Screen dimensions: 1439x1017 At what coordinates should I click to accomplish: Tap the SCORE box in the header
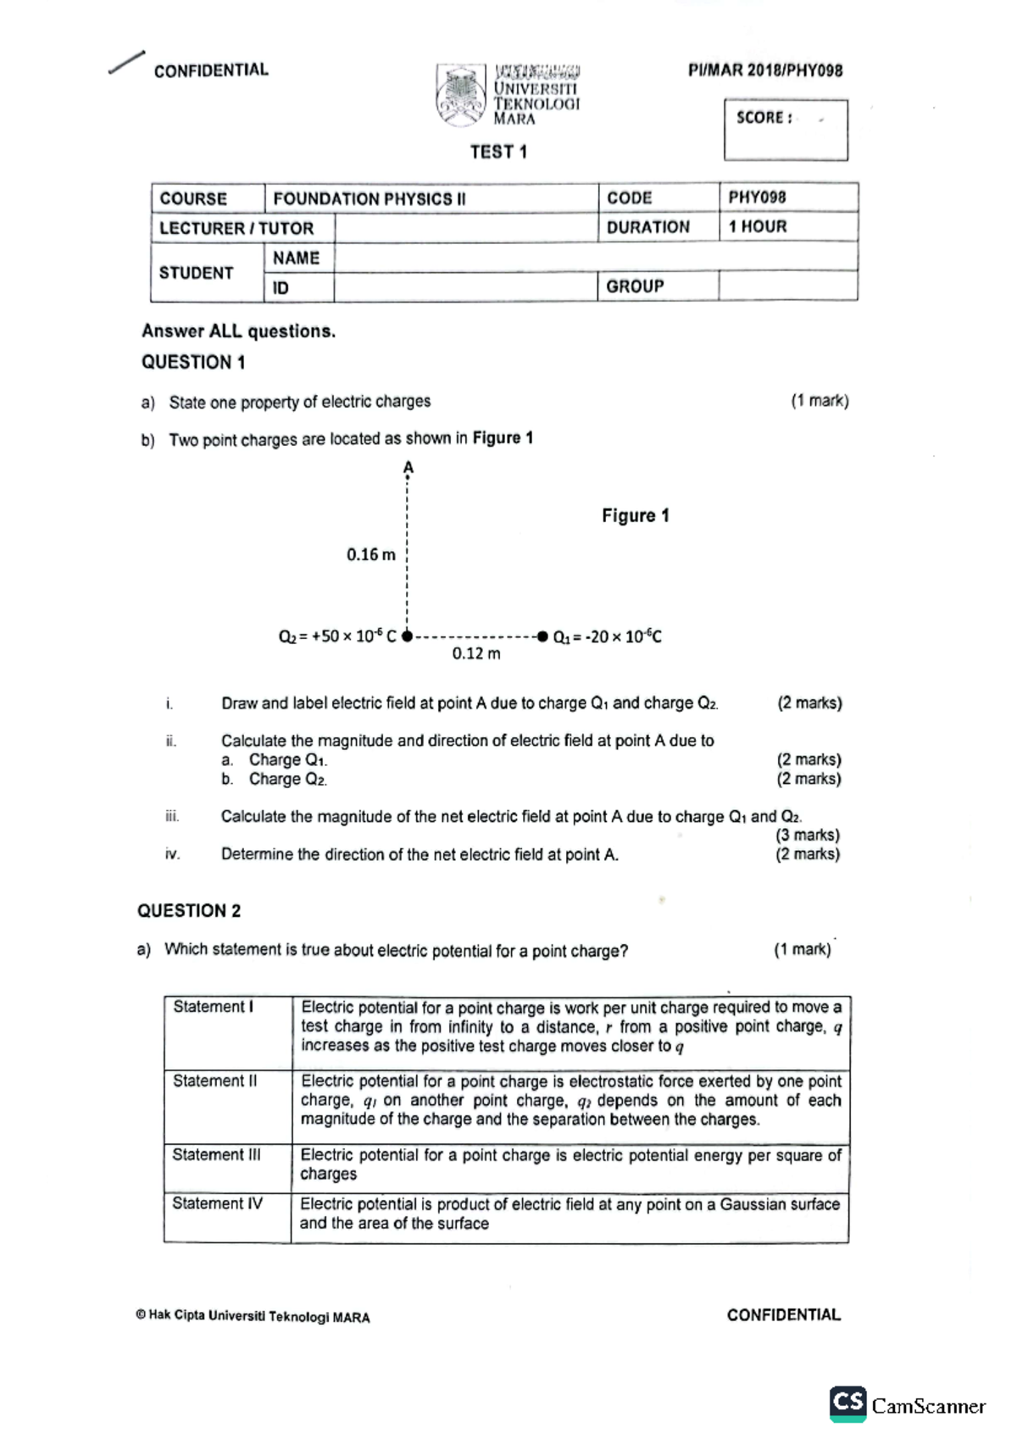click(786, 130)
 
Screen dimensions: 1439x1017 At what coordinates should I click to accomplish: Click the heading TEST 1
click(498, 153)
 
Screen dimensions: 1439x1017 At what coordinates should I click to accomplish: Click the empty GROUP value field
click(788, 286)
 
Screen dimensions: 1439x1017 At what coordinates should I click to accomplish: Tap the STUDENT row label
click(197, 273)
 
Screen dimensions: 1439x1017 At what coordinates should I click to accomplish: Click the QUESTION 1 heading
click(193, 363)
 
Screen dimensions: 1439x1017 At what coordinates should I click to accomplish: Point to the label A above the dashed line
click(408, 468)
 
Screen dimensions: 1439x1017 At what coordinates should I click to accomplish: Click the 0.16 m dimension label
click(370, 555)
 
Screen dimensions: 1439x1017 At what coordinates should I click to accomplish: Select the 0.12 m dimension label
click(475, 654)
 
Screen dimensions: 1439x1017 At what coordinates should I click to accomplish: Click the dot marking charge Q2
click(407, 636)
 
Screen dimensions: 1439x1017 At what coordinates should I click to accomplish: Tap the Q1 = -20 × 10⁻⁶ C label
click(608, 637)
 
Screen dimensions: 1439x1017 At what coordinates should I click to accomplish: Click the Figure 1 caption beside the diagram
click(636, 516)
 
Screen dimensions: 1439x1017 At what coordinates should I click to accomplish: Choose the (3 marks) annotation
click(808, 836)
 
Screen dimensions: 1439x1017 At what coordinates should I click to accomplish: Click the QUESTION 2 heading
click(189, 911)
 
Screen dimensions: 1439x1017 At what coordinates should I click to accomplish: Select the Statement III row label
click(216, 1155)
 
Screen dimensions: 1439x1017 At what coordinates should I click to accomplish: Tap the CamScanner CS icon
click(847, 1403)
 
